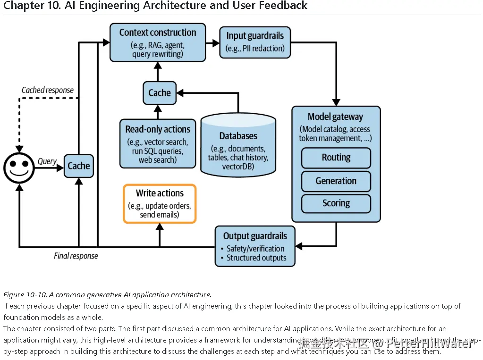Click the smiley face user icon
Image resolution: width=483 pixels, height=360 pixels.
point(19,167)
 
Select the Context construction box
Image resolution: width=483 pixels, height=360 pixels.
point(158,42)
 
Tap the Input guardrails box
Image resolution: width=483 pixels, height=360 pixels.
point(255,42)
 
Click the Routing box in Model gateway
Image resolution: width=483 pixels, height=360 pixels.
point(336,158)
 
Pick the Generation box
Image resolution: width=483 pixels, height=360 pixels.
point(336,181)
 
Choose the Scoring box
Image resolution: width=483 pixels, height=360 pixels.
point(336,203)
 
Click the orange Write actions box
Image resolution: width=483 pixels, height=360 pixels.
point(160,203)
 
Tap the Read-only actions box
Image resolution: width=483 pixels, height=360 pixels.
point(158,143)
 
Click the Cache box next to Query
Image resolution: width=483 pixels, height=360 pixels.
point(78,166)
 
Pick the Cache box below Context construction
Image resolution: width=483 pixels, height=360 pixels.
point(160,93)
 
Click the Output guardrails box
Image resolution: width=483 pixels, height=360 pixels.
point(255,246)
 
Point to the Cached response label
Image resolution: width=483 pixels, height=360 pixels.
point(48,90)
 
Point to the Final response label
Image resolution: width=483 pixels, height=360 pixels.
point(76,256)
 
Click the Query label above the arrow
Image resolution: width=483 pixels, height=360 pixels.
point(47,161)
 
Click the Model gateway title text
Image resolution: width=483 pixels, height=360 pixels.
point(335,117)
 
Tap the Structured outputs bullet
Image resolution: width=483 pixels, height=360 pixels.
point(256,258)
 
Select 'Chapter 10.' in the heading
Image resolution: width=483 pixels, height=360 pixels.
point(24,6)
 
